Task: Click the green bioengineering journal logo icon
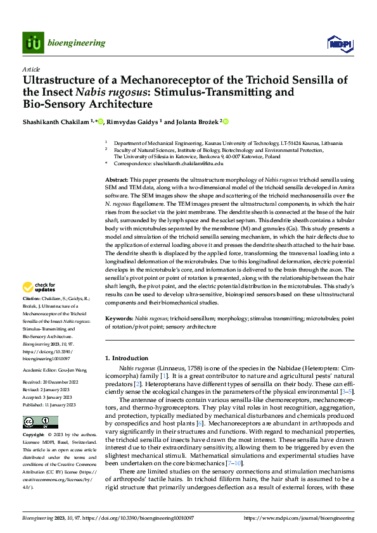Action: click(x=34, y=43)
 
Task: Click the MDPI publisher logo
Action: click(x=339, y=43)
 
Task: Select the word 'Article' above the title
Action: click(x=30, y=68)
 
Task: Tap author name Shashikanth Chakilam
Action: click(x=56, y=122)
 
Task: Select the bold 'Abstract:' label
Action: click(x=117, y=180)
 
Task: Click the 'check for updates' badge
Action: click(x=39, y=287)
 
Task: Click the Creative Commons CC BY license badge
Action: click(x=40, y=422)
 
